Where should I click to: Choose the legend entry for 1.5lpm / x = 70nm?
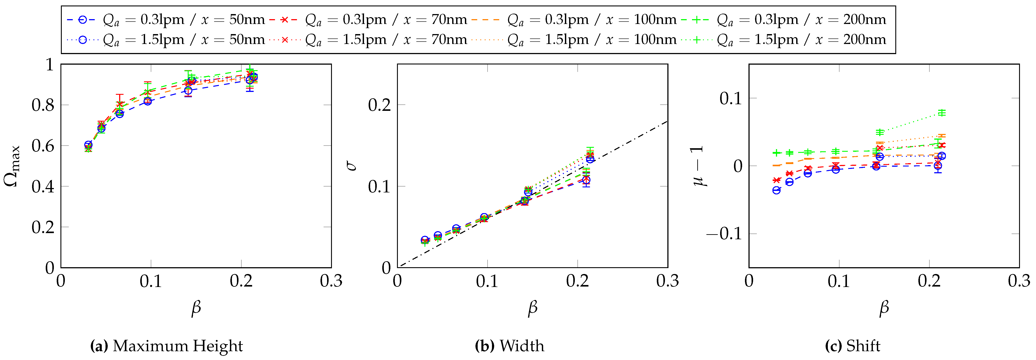click(x=368, y=39)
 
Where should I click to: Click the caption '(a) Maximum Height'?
click(x=166, y=346)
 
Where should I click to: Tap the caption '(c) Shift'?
click(x=853, y=346)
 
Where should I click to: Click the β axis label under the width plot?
click(x=532, y=308)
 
